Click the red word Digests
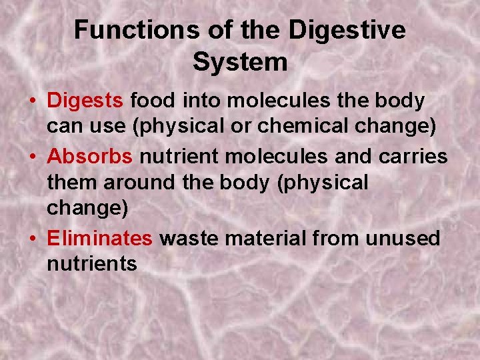[x=85, y=101]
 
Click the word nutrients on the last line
[x=92, y=264]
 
